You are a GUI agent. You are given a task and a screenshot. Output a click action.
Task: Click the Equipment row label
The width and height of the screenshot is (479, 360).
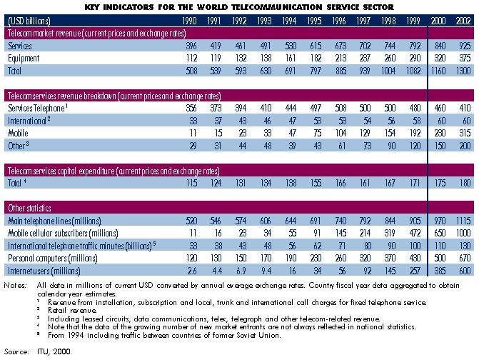pos(24,59)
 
